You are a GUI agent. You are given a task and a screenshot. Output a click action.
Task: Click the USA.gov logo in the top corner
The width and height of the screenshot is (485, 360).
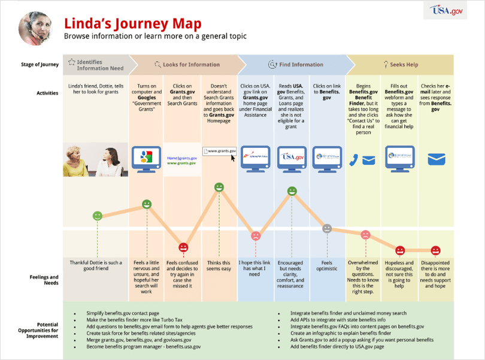click(447, 11)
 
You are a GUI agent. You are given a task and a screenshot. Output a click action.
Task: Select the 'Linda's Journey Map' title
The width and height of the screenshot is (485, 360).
click(132, 23)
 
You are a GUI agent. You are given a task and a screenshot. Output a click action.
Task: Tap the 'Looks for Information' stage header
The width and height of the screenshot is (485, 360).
click(187, 65)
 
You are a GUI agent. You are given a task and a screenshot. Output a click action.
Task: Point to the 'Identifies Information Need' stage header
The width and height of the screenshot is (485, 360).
click(96, 65)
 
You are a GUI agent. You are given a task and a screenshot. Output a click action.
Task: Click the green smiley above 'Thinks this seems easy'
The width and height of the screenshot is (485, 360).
click(219, 187)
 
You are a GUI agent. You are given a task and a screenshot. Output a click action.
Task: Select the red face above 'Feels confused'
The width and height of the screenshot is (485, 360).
click(183, 247)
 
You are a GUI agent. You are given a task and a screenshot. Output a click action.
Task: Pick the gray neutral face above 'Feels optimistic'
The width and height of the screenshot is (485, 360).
click(327, 228)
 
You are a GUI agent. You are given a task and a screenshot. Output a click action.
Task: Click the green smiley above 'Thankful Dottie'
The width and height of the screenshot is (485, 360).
click(97, 216)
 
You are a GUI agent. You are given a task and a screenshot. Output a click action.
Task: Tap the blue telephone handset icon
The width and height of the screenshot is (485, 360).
click(354, 159)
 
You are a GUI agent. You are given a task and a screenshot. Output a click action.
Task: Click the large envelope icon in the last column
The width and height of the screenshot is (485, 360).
click(436, 159)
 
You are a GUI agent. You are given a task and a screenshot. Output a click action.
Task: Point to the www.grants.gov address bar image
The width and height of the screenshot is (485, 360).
click(219, 152)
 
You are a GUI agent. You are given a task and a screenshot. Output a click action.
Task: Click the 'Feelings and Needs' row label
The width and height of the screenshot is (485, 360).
click(44, 280)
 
